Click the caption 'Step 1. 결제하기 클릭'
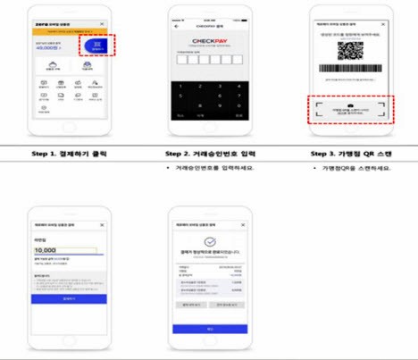point(71,153)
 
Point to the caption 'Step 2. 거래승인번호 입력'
point(208,153)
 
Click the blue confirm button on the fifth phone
point(208,328)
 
